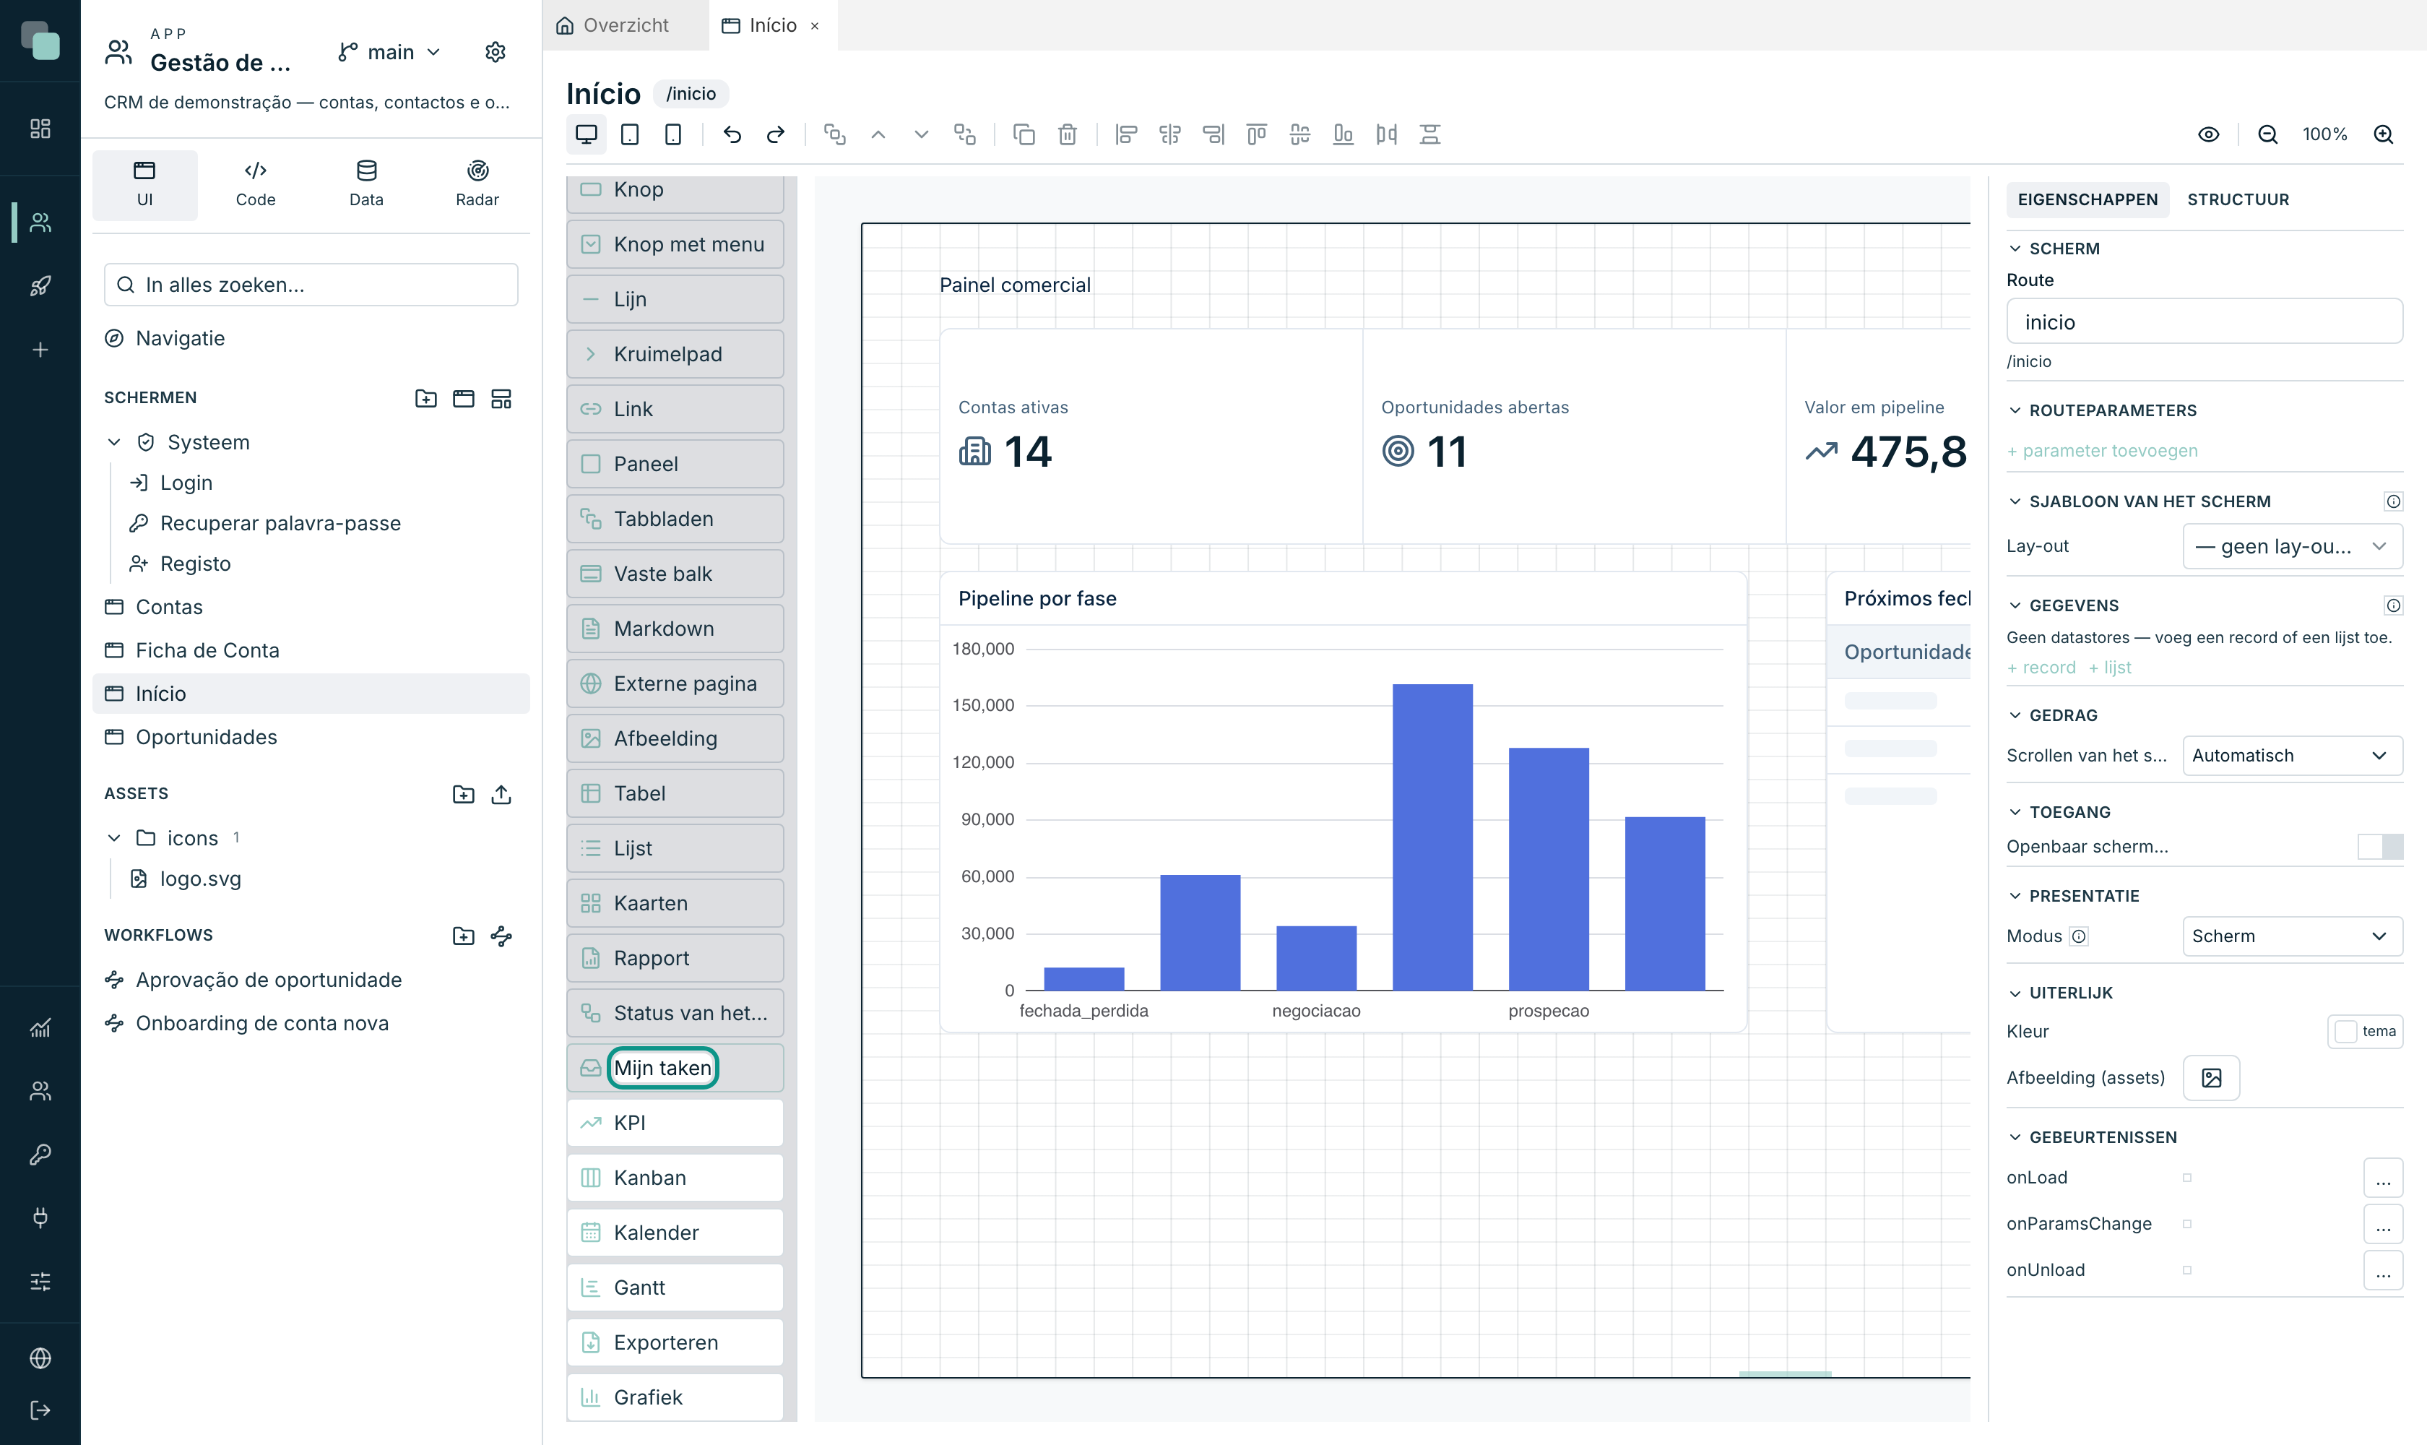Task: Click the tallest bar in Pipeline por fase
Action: click(x=1432, y=837)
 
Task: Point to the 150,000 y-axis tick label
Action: click(x=982, y=705)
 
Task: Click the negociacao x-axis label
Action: click(x=1316, y=1011)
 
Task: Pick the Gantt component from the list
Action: click(x=675, y=1287)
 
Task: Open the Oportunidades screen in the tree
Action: click(x=207, y=737)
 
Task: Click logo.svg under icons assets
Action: click(x=201, y=879)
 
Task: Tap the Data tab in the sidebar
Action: click(x=366, y=184)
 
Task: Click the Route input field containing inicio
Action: click(x=2204, y=322)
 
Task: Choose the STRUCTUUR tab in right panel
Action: click(x=2238, y=199)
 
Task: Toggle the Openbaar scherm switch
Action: click(x=2380, y=846)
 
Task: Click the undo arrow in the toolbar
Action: click(x=732, y=134)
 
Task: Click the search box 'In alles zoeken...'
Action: click(x=311, y=285)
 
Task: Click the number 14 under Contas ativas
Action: click(x=1028, y=452)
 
